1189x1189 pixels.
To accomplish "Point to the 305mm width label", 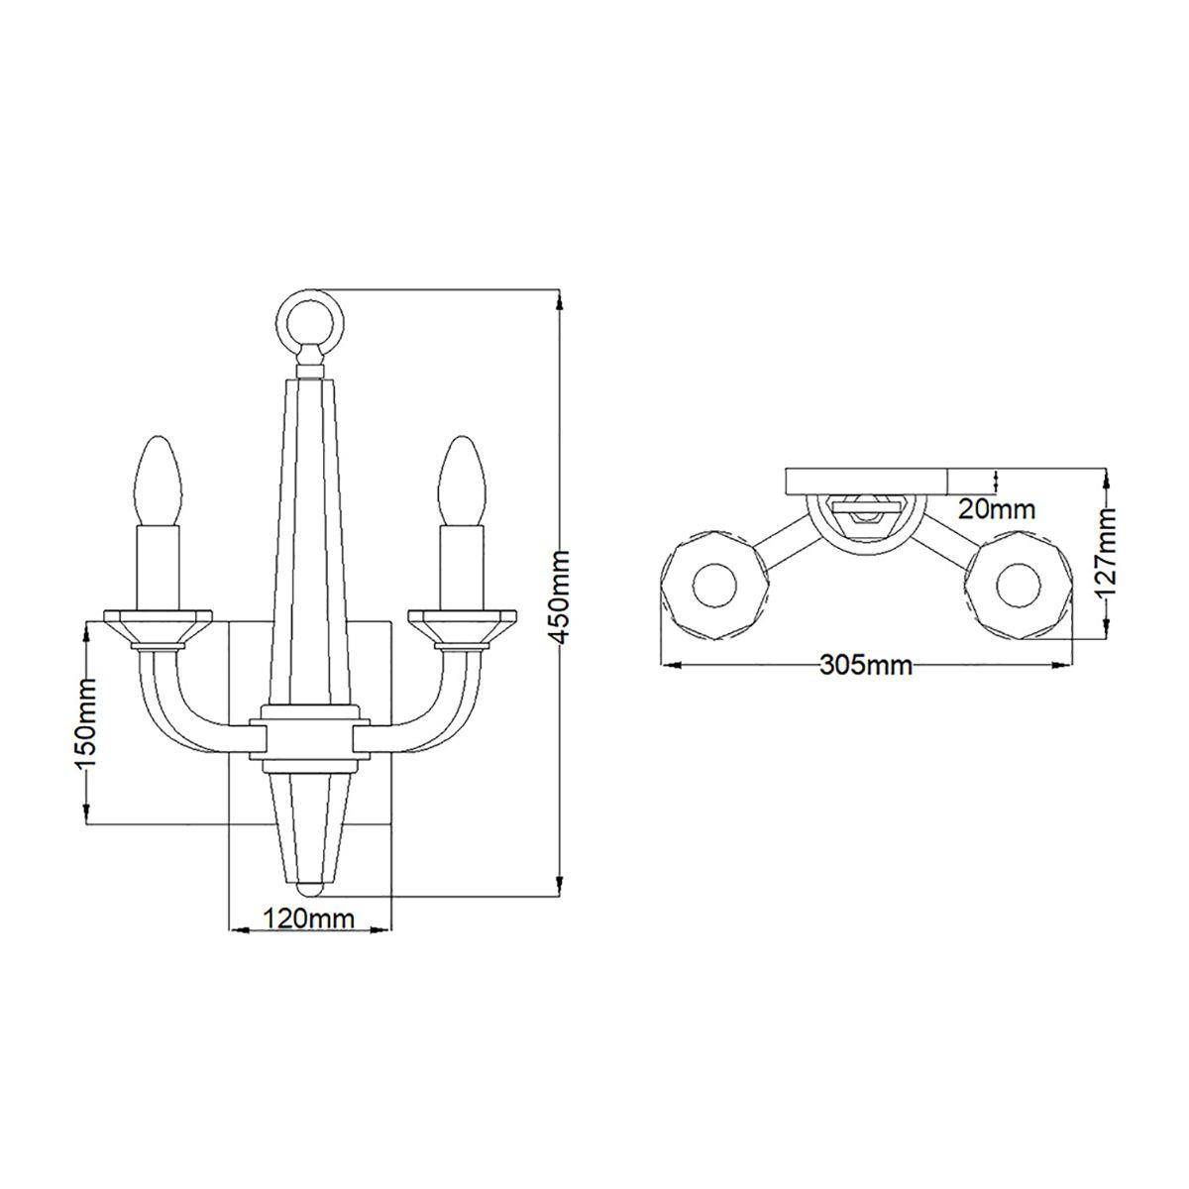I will [x=865, y=664].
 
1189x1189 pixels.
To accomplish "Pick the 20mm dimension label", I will [x=997, y=510].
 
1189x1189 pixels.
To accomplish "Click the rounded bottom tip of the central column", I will [x=310, y=889].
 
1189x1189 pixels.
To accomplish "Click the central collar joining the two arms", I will [x=310, y=738].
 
